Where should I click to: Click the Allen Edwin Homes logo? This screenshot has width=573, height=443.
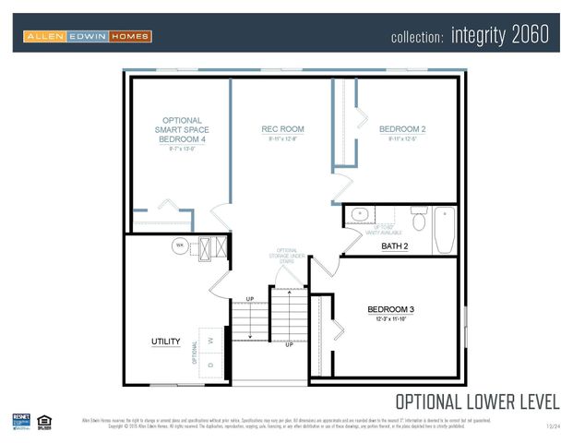[x=88, y=36]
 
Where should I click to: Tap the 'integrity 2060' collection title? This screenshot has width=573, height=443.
[x=470, y=36]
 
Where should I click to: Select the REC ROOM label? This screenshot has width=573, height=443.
[x=282, y=129]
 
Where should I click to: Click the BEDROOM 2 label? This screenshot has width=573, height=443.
[x=401, y=129]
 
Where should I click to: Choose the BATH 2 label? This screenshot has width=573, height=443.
[x=394, y=246]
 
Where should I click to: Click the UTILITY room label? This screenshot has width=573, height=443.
[x=166, y=341]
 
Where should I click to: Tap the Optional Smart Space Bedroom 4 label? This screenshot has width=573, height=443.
[x=182, y=130]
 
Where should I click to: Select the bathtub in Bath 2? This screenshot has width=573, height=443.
[x=445, y=229]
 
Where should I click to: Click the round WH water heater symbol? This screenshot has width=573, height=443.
[x=179, y=245]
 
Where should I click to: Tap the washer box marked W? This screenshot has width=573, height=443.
[x=212, y=339]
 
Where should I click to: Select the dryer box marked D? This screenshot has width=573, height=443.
[x=212, y=365]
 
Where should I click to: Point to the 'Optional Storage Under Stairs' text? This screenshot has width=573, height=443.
[x=287, y=256]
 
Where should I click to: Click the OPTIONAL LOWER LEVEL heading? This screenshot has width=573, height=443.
[x=476, y=401]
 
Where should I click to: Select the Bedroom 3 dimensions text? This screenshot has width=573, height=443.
[x=390, y=319]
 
